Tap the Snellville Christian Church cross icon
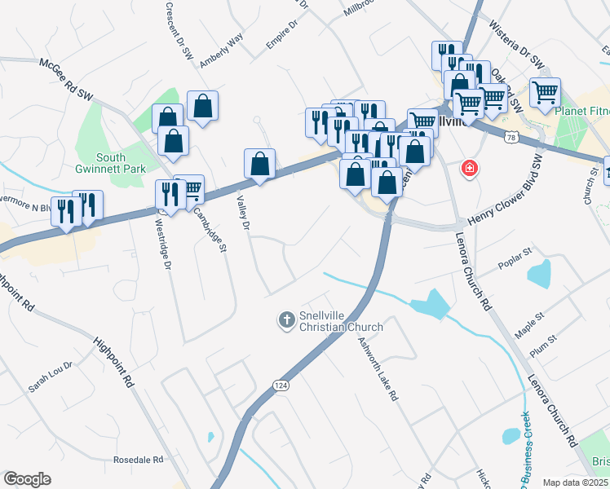coord(286,320)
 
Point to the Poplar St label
coord(515,267)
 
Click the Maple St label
coord(530,320)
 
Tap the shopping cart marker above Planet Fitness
coord(545,91)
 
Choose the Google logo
coord(27,479)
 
